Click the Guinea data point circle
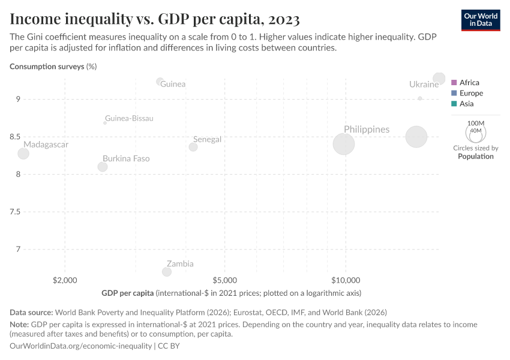coord(160,82)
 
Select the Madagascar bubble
coord(23,154)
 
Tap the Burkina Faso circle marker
coord(103,167)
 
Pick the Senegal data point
coord(193,147)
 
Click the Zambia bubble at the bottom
coord(167,272)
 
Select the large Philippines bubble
coord(344,144)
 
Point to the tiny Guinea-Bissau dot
coord(105,122)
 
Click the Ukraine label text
coord(424,85)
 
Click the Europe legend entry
coord(470,93)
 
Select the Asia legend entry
coord(466,104)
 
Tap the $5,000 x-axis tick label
coord(224,280)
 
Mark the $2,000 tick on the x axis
coord(65,280)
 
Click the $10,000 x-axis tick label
coord(346,280)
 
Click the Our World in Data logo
coord(481,20)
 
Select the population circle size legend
coord(476,132)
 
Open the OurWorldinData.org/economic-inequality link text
coord(81,346)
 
